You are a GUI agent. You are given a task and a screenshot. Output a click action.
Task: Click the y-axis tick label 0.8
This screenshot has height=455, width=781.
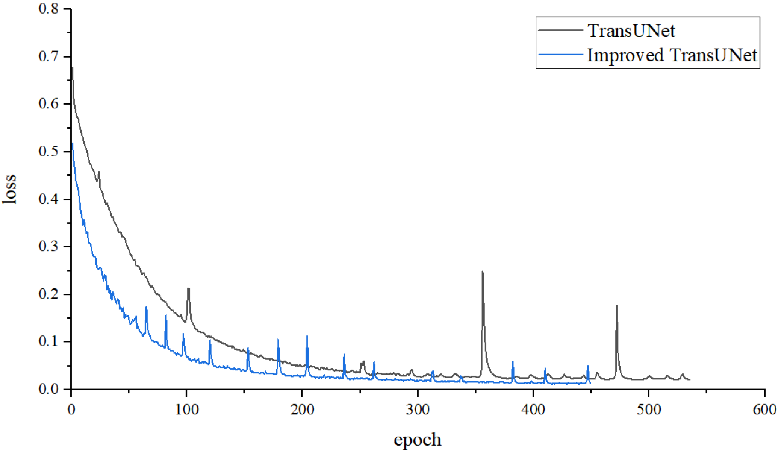tap(48, 8)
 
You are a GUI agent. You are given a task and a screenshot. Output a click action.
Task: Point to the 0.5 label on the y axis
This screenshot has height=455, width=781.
tap(48, 151)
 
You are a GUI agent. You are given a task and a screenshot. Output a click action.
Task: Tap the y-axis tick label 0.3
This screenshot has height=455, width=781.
tap(48, 246)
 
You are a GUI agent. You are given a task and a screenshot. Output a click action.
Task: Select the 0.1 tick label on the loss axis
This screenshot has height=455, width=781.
tap(48, 341)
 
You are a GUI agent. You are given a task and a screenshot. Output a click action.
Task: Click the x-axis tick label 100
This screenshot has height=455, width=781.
tap(186, 409)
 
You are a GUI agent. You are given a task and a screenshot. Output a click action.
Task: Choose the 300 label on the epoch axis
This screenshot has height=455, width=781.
tap(418, 409)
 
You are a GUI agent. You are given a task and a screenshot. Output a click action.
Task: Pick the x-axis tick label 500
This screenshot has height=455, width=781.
tap(649, 409)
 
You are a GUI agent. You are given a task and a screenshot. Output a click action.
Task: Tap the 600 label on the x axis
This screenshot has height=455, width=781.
tap(764, 409)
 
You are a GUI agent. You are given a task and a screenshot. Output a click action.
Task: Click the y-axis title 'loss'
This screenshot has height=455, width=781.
tap(10, 189)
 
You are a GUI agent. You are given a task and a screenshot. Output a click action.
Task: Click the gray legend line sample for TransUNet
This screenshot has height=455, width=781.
tap(560, 30)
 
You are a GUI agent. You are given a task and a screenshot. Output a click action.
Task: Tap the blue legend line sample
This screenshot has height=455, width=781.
tap(560, 55)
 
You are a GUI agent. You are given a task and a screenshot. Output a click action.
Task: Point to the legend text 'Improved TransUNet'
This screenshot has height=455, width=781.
tap(672, 55)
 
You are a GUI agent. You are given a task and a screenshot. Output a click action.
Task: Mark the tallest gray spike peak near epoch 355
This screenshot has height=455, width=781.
tap(483, 271)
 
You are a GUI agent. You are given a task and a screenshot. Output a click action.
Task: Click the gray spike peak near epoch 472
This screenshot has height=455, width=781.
tap(617, 306)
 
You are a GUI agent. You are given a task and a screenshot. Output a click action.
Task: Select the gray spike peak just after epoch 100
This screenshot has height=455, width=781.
tap(188, 288)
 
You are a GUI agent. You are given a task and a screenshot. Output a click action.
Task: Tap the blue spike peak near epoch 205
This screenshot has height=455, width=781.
tap(307, 336)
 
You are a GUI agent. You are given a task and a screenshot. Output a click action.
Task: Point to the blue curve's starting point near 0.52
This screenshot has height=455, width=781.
tap(72, 143)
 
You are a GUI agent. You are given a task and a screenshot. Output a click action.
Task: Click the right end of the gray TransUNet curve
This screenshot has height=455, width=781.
tap(690, 379)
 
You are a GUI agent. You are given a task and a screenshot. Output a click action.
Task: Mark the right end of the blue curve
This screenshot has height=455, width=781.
tap(590, 383)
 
